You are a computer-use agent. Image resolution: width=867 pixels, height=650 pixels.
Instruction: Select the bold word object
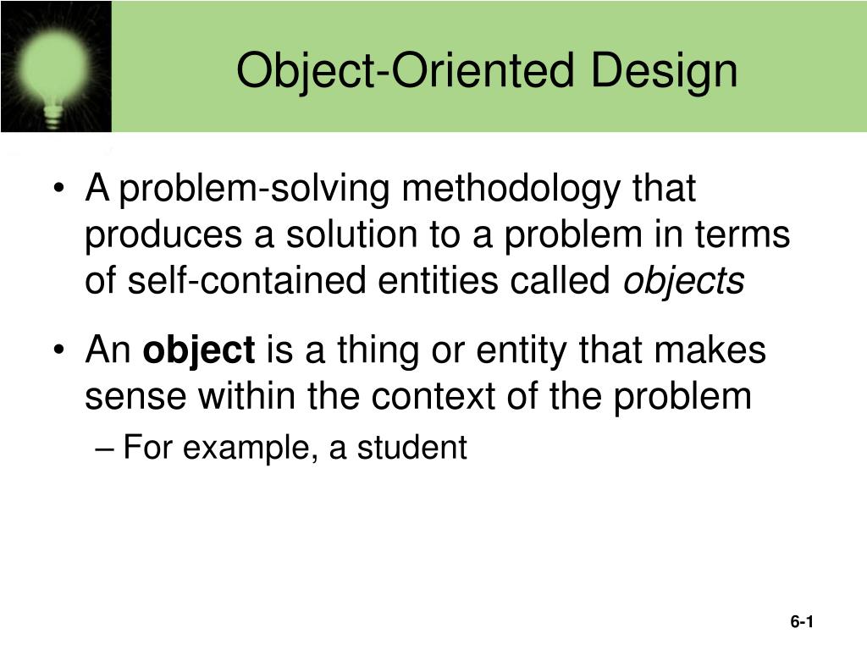tap(199, 350)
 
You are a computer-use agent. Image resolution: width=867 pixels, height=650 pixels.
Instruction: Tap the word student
tap(411, 448)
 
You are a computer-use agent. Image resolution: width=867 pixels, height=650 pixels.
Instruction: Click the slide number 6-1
tap(802, 622)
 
